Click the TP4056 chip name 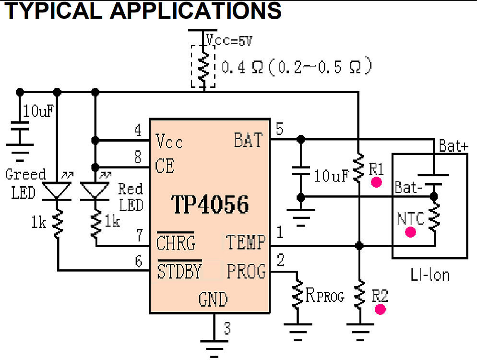[x=210, y=205]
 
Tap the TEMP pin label [x=245, y=243]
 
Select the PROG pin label [x=246, y=272]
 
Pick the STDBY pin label [x=179, y=272]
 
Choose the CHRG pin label [x=176, y=243]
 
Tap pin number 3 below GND [x=227, y=329]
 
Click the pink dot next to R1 [x=377, y=182]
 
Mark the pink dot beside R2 [x=381, y=309]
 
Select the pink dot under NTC [x=410, y=232]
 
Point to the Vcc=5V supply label [x=229, y=41]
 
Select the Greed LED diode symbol [x=58, y=191]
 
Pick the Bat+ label [x=453, y=146]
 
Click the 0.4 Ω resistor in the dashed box [x=204, y=66]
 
